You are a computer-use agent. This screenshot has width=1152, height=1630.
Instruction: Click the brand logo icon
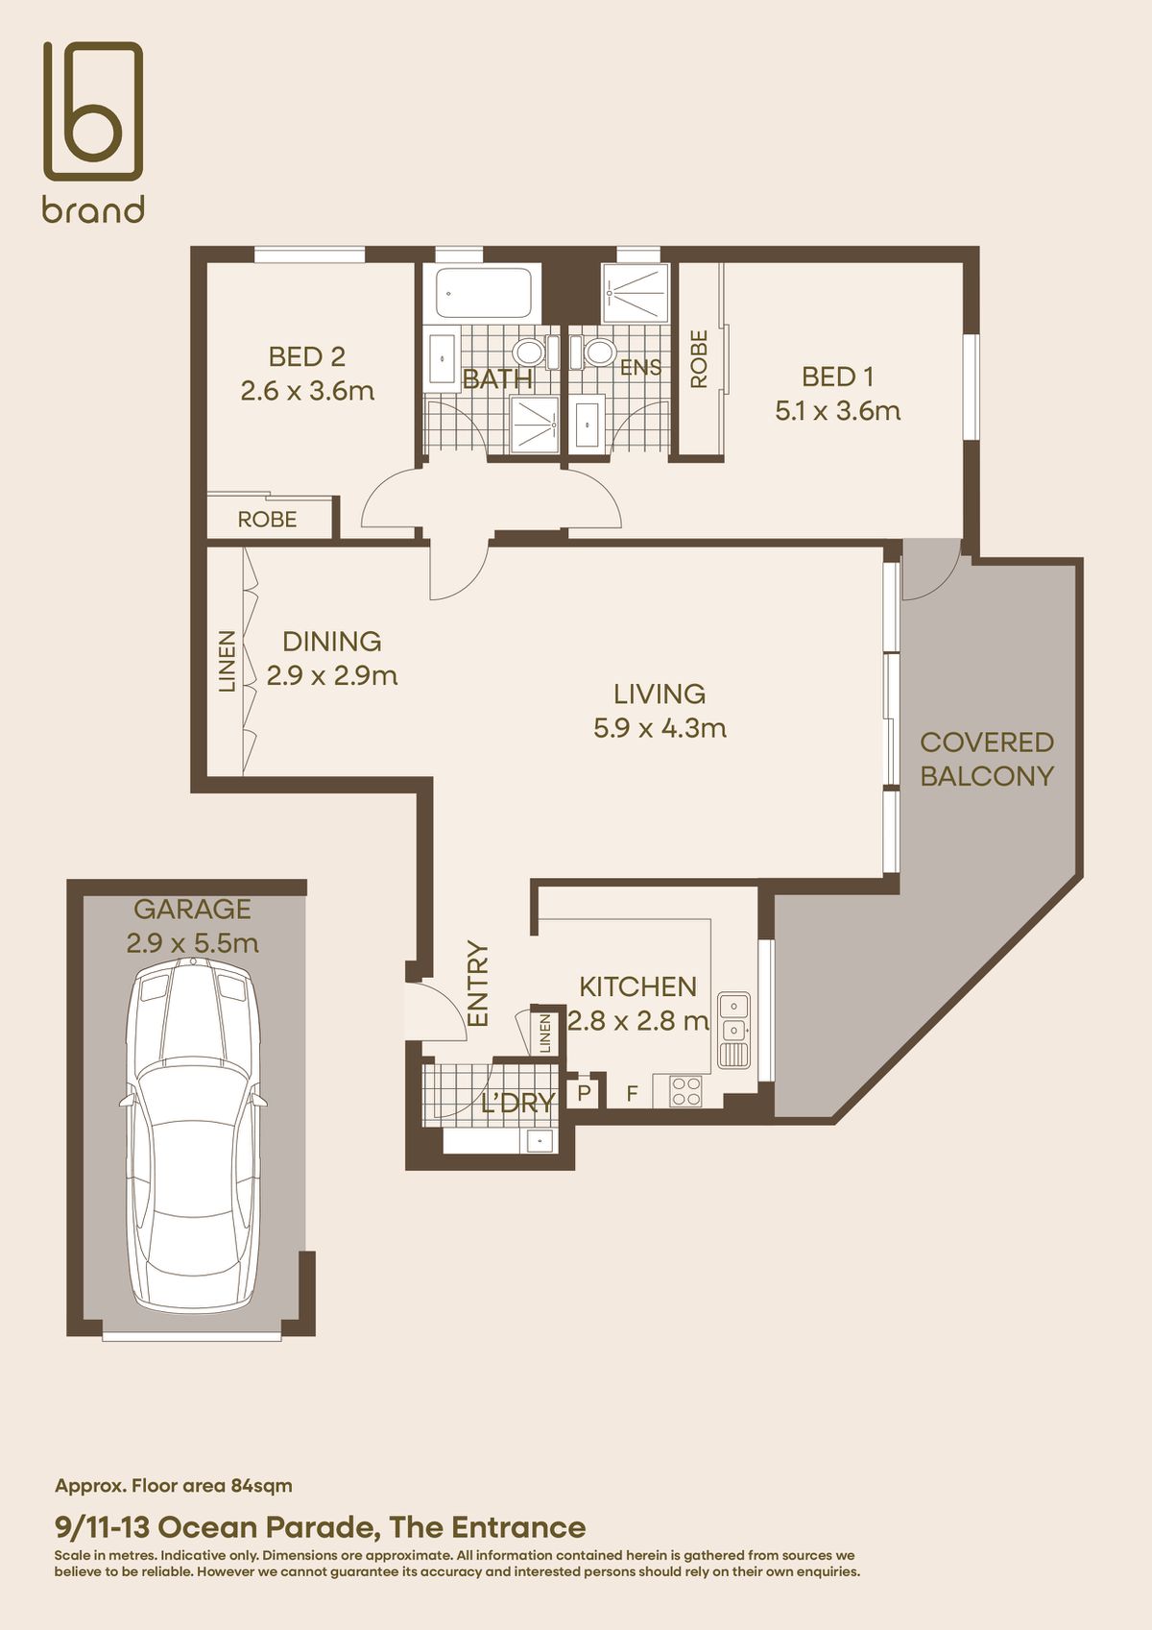(x=93, y=110)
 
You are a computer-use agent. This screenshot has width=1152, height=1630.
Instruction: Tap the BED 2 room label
(x=307, y=356)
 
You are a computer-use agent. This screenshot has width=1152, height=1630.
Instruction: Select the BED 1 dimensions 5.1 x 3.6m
(x=838, y=411)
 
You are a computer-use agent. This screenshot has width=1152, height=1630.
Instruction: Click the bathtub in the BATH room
(x=484, y=293)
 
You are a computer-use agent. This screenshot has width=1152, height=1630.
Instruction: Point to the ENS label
(x=640, y=368)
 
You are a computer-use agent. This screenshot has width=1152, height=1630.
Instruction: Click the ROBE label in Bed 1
(x=699, y=358)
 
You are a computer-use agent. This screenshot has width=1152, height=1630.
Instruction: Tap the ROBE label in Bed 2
(x=268, y=520)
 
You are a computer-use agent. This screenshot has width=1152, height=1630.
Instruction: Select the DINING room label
(x=331, y=641)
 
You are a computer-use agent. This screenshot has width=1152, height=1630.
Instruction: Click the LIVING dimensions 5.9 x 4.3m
(x=660, y=728)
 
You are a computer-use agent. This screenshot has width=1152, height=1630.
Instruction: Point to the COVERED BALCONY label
(x=987, y=759)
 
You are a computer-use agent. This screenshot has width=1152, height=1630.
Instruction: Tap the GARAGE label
(x=193, y=909)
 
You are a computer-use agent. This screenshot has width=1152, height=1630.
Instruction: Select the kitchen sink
(x=733, y=1031)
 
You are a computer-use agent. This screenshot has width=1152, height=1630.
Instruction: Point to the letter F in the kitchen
(x=633, y=1093)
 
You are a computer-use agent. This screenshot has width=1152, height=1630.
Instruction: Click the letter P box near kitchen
(x=584, y=1092)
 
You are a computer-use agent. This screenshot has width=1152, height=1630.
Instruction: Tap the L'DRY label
(x=518, y=1104)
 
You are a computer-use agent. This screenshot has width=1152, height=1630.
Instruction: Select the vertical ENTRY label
(x=477, y=984)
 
